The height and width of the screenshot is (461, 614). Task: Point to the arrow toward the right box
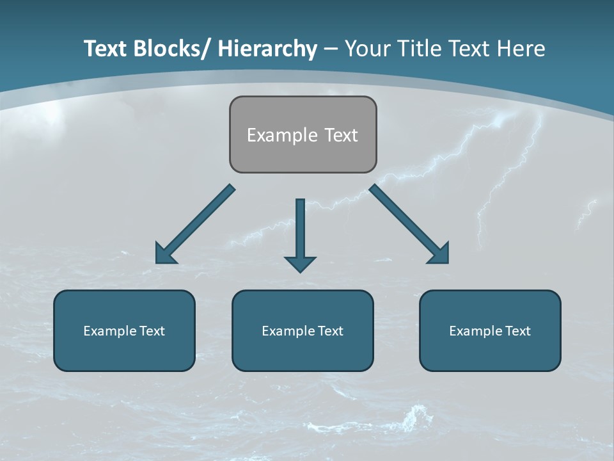(x=409, y=224)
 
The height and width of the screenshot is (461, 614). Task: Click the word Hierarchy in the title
(x=267, y=49)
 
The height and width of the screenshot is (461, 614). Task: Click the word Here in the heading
(x=523, y=49)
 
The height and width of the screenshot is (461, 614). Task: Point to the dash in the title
(x=331, y=49)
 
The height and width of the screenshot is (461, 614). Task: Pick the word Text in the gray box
(x=341, y=135)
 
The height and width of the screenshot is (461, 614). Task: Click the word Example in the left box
(x=109, y=331)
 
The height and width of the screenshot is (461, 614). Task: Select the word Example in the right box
(x=475, y=331)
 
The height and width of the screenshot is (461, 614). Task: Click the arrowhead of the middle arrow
(x=300, y=263)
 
